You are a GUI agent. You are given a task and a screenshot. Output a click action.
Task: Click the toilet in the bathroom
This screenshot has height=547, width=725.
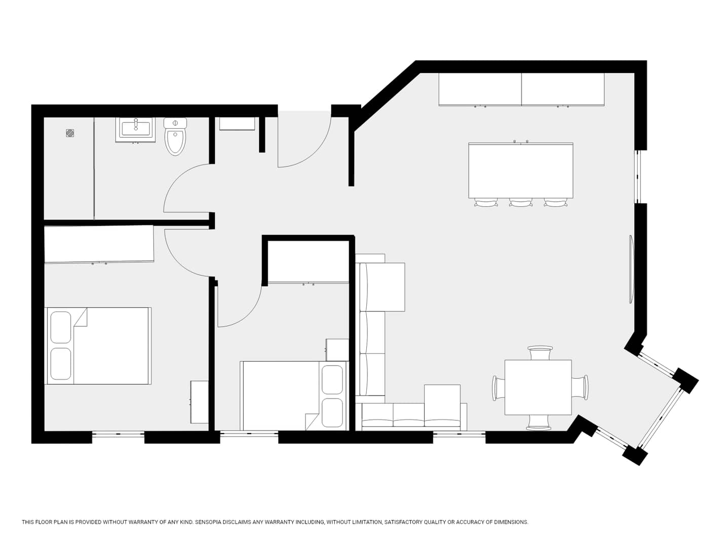[x=175, y=137]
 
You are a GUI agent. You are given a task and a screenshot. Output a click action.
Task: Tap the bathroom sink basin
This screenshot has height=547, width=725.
[x=135, y=129]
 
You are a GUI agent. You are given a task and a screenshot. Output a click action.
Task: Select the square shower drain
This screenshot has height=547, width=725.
[x=70, y=133]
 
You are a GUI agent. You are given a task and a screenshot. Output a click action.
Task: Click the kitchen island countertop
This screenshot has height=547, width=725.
[x=520, y=170]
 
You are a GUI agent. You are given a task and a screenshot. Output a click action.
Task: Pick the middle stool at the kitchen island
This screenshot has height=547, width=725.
[x=520, y=202]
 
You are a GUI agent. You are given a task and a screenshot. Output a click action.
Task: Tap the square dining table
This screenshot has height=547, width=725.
[x=538, y=387]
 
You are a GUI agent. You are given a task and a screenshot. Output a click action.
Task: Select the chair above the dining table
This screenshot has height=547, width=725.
[x=540, y=353]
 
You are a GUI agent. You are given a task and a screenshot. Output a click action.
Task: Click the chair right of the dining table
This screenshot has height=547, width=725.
[x=580, y=387]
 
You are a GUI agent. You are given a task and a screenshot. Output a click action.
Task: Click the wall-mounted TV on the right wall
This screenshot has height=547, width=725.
[x=631, y=269]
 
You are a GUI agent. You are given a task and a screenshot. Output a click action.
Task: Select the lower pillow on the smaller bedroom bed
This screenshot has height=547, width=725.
[x=332, y=413]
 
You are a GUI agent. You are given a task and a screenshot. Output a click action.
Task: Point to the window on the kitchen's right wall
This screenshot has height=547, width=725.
[x=637, y=177]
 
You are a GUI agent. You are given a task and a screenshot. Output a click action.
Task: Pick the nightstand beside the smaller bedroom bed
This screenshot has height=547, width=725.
[x=337, y=350]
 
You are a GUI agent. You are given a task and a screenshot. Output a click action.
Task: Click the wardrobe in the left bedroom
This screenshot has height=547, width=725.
[x=99, y=244]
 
